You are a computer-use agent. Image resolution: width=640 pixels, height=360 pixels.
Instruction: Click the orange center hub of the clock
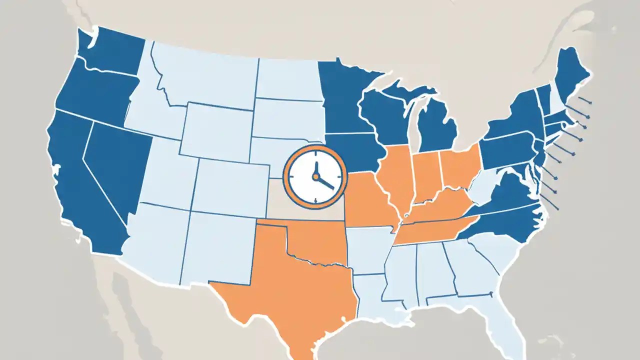point(315,176)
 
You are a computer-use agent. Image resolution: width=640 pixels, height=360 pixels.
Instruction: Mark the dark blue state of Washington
point(112,50)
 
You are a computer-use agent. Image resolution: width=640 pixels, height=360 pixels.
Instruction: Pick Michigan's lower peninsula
point(437,127)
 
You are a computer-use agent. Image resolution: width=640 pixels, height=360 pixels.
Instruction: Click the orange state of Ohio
point(460,167)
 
